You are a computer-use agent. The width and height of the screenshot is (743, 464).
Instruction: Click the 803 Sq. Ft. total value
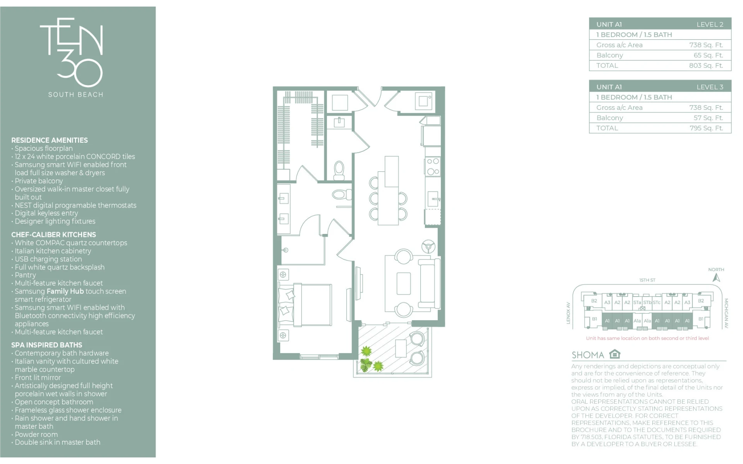point(706,65)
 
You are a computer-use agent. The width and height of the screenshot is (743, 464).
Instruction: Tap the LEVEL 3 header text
point(710,87)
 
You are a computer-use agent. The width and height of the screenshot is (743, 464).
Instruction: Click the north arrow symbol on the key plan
point(716,278)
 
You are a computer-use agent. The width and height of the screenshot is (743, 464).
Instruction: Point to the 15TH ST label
point(647,280)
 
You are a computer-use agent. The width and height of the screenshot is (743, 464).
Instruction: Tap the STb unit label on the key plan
point(647,302)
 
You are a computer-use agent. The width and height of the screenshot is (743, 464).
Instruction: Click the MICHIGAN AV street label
point(726,313)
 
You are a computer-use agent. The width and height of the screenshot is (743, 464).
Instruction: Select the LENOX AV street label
point(568,313)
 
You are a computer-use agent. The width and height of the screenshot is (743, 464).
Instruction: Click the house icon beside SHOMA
point(615,354)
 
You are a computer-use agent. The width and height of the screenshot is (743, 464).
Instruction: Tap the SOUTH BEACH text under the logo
point(76,95)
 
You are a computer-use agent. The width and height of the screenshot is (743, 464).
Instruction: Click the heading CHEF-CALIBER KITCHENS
point(53,235)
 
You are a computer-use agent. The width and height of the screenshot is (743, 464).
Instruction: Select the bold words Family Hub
point(65,291)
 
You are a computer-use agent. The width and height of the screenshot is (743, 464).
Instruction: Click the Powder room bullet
point(36,434)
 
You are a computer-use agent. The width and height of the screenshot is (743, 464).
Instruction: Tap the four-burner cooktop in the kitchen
point(433,166)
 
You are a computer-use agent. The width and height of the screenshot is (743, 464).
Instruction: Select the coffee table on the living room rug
point(404,283)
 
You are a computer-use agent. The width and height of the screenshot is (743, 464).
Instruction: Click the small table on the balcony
point(401,348)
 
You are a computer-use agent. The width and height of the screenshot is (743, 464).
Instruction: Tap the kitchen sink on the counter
point(433,199)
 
